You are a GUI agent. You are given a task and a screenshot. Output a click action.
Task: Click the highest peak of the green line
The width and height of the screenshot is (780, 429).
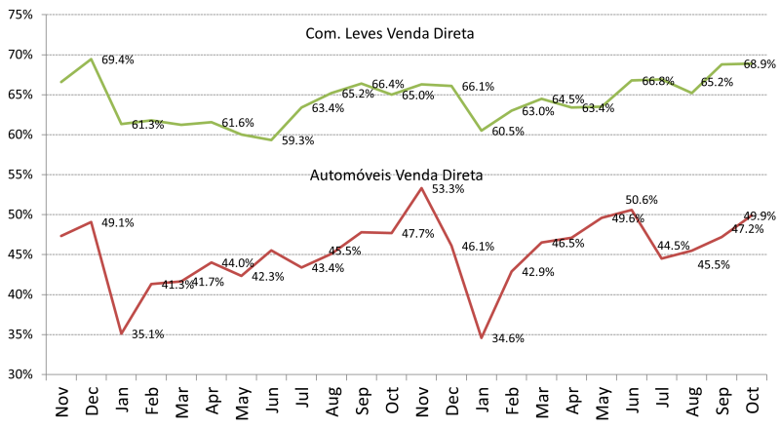click(x=91, y=58)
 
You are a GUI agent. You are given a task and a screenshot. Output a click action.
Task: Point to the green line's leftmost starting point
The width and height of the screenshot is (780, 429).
click(x=60, y=82)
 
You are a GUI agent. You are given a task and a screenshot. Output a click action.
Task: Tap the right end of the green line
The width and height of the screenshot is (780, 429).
click(x=751, y=63)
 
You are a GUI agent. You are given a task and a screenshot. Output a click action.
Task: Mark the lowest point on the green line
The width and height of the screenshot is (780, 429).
click(x=271, y=139)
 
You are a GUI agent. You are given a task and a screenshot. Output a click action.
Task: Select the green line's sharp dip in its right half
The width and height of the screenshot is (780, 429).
click(x=481, y=131)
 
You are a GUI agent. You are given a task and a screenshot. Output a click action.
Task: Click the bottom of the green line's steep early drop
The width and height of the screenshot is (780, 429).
click(x=121, y=124)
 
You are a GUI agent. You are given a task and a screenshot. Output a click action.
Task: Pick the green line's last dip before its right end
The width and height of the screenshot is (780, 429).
click(x=691, y=93)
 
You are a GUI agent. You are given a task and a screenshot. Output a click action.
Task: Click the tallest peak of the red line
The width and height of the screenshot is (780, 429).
click(x=421, y=187)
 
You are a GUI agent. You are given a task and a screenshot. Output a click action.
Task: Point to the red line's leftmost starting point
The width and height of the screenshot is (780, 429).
click(x=60, y=236)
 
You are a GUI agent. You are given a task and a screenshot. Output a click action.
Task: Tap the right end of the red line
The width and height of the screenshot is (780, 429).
click(x=766, y=214)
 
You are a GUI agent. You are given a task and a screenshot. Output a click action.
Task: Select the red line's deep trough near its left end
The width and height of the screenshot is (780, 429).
click(x=121, y=333)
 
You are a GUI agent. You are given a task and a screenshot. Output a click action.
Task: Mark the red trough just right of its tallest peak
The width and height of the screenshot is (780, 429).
click(x=481, y=337)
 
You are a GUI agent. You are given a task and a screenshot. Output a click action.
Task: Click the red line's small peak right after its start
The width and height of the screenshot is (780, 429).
click(x=91, y=221)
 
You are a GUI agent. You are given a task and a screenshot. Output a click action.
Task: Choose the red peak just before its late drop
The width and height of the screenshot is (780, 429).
click(x=632, y=210)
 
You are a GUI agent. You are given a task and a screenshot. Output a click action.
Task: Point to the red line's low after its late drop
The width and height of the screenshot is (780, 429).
click(x=661, y=258)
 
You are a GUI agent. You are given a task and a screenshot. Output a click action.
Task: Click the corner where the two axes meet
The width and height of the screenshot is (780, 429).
click(x=46, y=373)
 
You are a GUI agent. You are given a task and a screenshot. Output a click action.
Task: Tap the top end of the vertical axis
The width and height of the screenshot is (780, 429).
click(x=46, y=15)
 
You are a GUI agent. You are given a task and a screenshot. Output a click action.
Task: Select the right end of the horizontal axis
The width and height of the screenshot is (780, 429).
click(x=767, y=373)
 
